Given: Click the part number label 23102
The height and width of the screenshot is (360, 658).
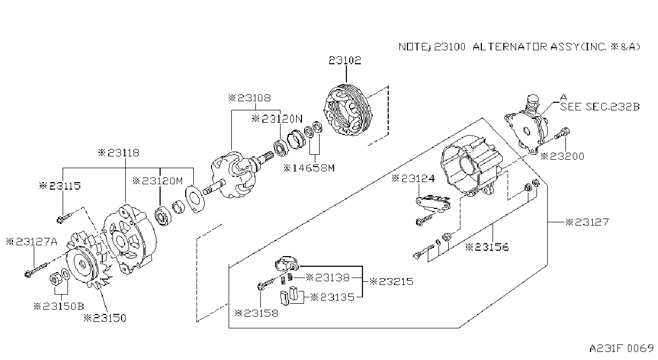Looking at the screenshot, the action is coord(345,60).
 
